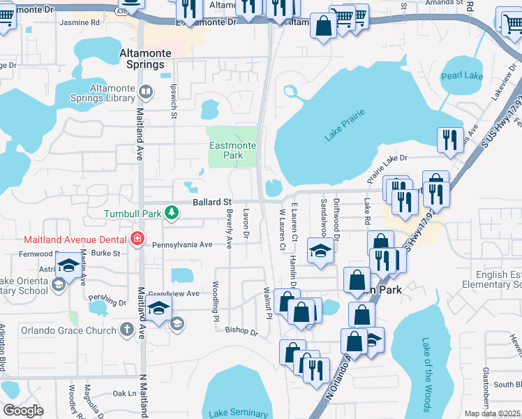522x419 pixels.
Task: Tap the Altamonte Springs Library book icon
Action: (x=145, y=91)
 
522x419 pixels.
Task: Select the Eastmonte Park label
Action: (x=233, y=150)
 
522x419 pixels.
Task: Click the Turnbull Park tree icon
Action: (x=170, y=213)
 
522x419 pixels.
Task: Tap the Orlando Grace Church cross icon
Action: (x=126, y=328)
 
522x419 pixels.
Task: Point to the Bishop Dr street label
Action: (x=244, y=333)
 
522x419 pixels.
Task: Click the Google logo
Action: (x=23, y=411)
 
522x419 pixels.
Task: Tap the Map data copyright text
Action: (x=492, y=413)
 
